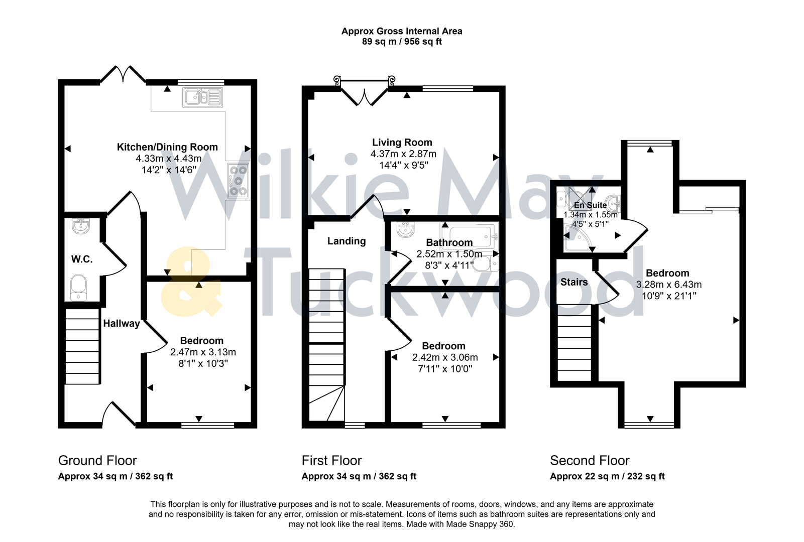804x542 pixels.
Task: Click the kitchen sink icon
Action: (203, 97)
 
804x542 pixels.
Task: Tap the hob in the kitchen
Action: (238, 181)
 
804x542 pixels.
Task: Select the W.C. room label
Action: (82, 259)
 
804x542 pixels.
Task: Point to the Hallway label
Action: (122, 324)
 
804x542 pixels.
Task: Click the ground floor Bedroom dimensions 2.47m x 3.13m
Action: (203, 352)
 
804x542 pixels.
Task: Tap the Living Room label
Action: (402, 143)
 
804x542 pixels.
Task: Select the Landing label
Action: (347, 241)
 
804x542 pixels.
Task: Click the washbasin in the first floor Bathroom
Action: (405, 230)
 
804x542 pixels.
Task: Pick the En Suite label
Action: (590, 205)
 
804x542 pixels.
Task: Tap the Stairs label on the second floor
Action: (574, 283)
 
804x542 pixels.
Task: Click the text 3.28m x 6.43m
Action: (668, 285)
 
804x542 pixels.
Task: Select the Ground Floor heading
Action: (97, 461)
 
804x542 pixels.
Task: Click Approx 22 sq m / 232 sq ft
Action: (607, 476)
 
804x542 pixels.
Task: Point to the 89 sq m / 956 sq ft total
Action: (402, 42)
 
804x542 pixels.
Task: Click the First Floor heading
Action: (331, 461)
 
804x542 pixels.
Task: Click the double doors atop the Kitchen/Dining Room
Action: (123, 74)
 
